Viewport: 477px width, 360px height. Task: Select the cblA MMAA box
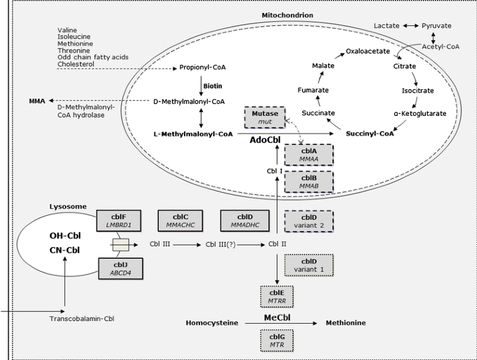pos(309,154)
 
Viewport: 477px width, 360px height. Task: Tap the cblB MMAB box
pos(309,182)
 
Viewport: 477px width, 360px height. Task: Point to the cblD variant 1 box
pos(309,265)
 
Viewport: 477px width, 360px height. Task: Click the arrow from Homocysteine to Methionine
pos(284,324)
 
